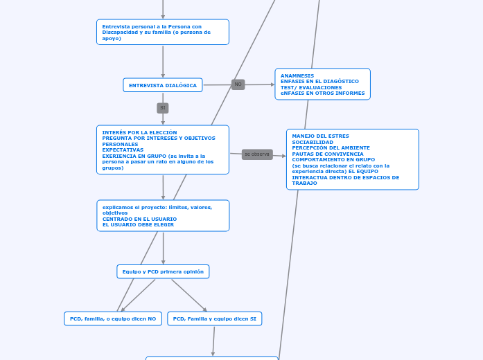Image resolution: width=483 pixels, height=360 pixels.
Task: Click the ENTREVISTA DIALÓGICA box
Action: (x=163, y=85)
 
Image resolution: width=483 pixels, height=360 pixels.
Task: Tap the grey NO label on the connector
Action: (x=238, y=84)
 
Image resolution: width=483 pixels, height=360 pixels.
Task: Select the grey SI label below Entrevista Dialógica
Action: (x=163, y=108)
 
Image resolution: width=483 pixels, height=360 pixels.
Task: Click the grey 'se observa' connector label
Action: (x=257, y=154)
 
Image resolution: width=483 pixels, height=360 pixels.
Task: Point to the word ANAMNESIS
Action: (x=297, y=75)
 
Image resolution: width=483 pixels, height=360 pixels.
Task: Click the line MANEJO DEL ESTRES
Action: (x=321, y=136)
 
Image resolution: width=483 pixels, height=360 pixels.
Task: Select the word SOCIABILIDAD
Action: (x=313, y=142)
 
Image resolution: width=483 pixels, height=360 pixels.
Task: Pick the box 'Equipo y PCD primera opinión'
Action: (x=163, y=272)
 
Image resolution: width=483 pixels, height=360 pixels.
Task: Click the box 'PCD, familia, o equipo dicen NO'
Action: (x=113, y=318)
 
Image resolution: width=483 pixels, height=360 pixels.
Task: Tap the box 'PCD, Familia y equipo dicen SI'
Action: (x=215, y=318)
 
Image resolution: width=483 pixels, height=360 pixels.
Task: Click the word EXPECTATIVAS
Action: (x=123, y=150)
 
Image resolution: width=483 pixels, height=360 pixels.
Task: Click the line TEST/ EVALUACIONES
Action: (x=311, y=87)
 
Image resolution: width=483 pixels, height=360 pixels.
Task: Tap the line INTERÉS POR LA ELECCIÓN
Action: (x=139, y=132)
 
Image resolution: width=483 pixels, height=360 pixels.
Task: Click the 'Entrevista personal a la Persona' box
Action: (x=163, y=32)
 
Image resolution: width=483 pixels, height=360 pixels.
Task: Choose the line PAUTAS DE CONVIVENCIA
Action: (x=328, y=154)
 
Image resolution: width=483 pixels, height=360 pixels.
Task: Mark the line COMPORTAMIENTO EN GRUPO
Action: (x=333, y=159)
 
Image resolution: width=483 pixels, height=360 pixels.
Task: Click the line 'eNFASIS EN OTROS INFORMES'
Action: (x=322, y=93)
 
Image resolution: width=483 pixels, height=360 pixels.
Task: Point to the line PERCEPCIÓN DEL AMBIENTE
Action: (x=331, y=147)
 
